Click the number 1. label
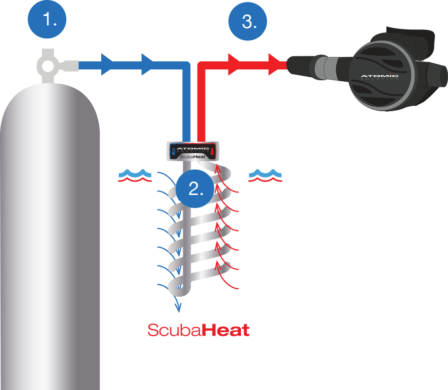[49, 20]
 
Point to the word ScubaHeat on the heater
[192, 157]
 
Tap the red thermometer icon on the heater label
[212, 150]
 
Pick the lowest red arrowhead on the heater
[218, 262]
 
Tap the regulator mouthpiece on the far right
[439, 75]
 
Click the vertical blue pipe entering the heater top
[190, 115]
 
